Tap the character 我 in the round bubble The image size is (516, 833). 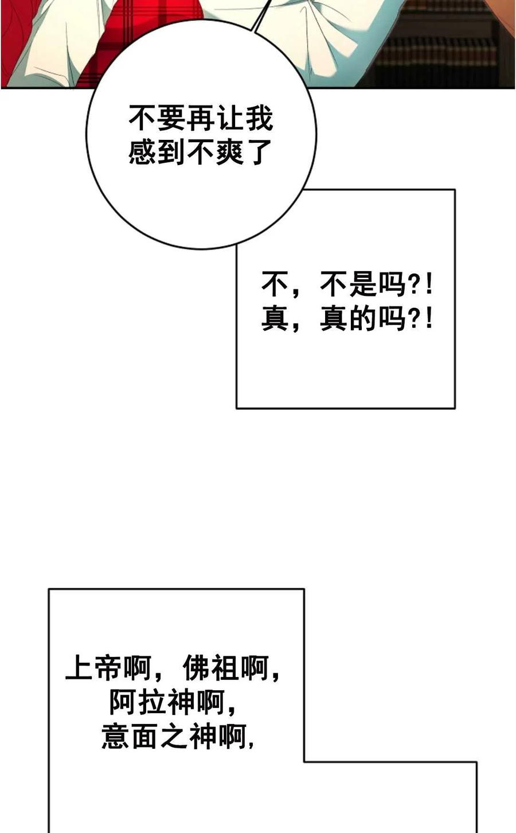click(x=259, y=118)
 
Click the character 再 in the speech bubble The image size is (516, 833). click(x=201, y=118)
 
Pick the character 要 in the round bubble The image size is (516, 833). click(x=172, y=118)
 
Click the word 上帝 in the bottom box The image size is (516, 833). click(x=94, y=668)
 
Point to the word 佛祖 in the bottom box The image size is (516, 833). click(x=212, y=668)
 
